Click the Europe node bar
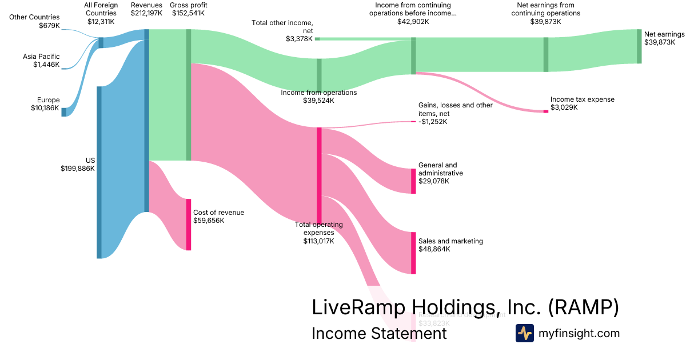[64, 111]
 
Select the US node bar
[99, 172]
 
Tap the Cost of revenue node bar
[189, 224]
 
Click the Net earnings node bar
[639, 46]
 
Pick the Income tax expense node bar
[545, 111]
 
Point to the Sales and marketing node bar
[413, 253]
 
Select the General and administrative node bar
[413, 181]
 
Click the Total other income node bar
[317, 39]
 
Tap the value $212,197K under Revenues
[146, 13]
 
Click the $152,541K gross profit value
[189, 13]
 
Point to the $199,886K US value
[77, 169]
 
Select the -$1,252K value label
[433, 122]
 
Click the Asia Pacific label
[41, 57]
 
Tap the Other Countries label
[34, 17]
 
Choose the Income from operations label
[318, 93]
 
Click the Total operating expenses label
[318, 229]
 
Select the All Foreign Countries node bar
[101, 43]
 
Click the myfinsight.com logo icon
[524, 333]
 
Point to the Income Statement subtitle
[378, 333]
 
